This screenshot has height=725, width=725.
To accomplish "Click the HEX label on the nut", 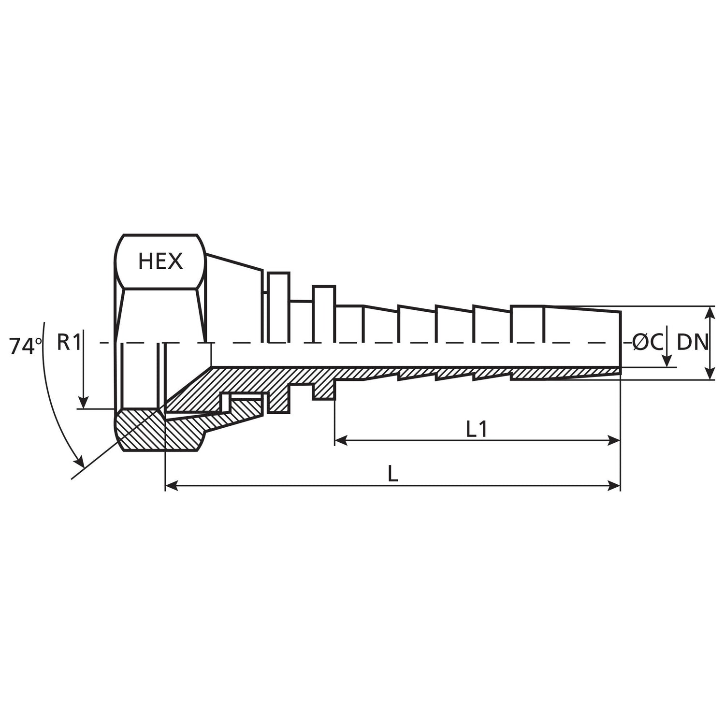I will pyautogui.click(x=160, y=261).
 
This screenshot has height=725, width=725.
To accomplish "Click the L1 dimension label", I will pyautogui.click(x=476, y=430).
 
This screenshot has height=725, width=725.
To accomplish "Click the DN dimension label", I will pyautogui.click(x=692, y=343).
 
